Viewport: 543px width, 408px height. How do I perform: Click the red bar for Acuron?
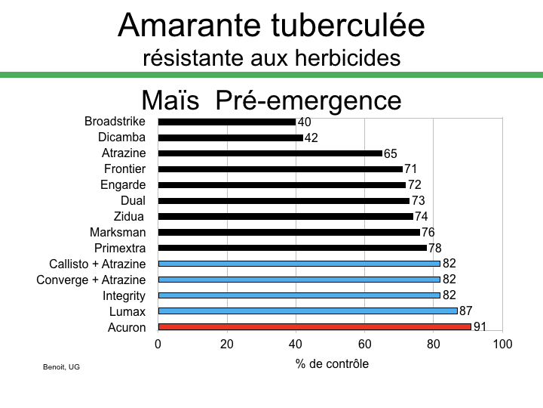[x=314, y=327]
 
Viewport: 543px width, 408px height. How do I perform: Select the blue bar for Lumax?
[x=308, y=311]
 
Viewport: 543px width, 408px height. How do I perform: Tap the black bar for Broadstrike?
[x=226, y=122]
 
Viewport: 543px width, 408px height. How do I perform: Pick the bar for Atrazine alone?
[x=270, y=153]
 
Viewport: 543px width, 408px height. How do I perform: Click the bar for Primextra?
[x=292, y=248]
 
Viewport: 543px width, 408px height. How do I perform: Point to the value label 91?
[x=479, y=327]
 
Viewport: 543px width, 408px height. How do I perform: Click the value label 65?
[x=391, y=153]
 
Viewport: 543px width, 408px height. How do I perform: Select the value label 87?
[x=465, y=311]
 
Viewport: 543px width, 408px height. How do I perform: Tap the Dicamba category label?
[x=122, y=138]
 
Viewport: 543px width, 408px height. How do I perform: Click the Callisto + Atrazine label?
[x=97, y=264]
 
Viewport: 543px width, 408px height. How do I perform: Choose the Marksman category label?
[x=118, y=232]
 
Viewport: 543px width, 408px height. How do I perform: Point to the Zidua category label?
[x=129, y=217]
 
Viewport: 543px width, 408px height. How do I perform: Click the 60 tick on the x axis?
[x=364, y=345]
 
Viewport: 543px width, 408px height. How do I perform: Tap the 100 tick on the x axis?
[x=502, y=345]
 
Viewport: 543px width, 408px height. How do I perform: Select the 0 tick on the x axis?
[x=158, y=345]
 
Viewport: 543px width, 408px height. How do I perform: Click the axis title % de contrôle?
[x=332, y=363]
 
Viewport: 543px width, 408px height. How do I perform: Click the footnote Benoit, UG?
[x=61, y=367]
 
